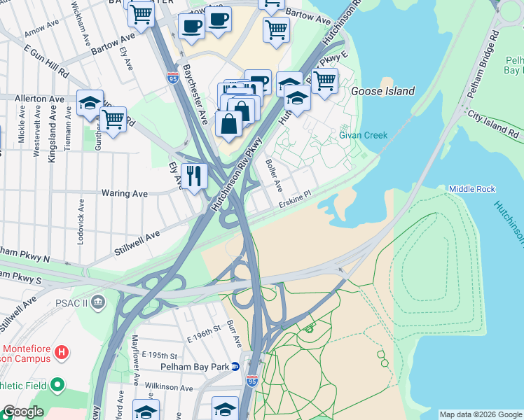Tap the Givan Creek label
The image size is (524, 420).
click(363, 135)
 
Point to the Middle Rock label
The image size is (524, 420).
click(472, 189)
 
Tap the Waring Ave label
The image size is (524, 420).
click(124, 192)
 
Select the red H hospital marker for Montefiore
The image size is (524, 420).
click(62, 352)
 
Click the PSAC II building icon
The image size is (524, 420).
click(97, 302)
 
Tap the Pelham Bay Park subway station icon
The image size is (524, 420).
click(236, 367)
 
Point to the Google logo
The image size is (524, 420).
click(23, 412)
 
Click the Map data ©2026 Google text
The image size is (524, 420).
click(481, 414)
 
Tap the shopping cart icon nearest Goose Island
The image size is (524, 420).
click(324, 80)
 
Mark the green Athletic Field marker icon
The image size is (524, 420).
click(57, 384)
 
